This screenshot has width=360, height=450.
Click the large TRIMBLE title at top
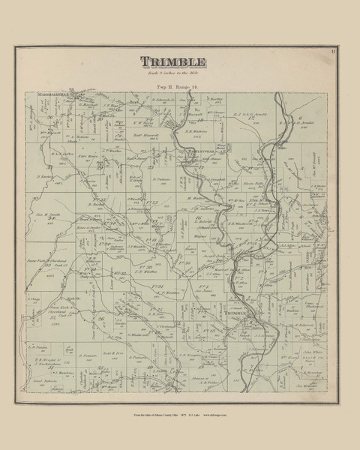tap(180, 61)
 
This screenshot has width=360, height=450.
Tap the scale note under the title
tap(180, 74)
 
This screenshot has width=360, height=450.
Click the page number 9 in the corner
tap(331, 51)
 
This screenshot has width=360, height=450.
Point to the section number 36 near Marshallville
tap(50, 118)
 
